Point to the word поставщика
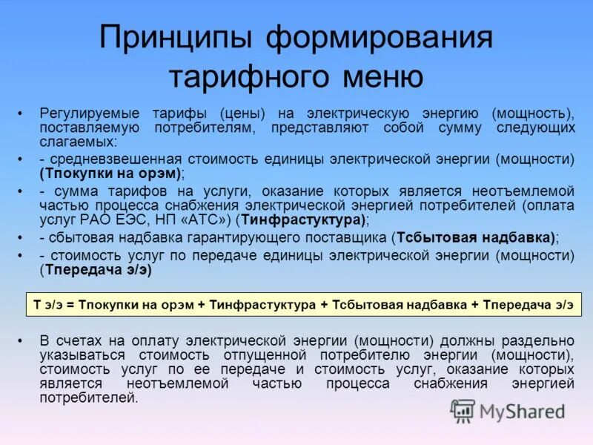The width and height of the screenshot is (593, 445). click(x=348, y=238)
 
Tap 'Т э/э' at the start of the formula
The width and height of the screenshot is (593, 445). click(x=47, y=305)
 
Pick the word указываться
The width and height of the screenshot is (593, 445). click(x=76, y=355)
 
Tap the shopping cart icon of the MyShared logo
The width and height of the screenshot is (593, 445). click(x=463, y=410)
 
